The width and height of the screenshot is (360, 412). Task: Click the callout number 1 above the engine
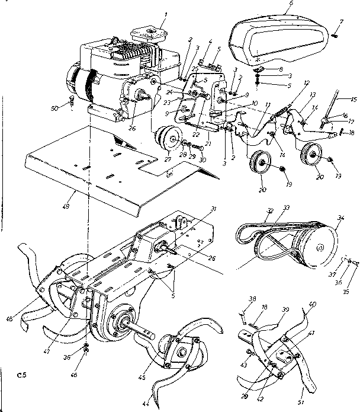coord(165,13)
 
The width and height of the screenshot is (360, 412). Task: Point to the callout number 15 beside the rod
coord(353,99)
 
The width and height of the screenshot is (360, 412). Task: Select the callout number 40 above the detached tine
coord(313,305)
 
